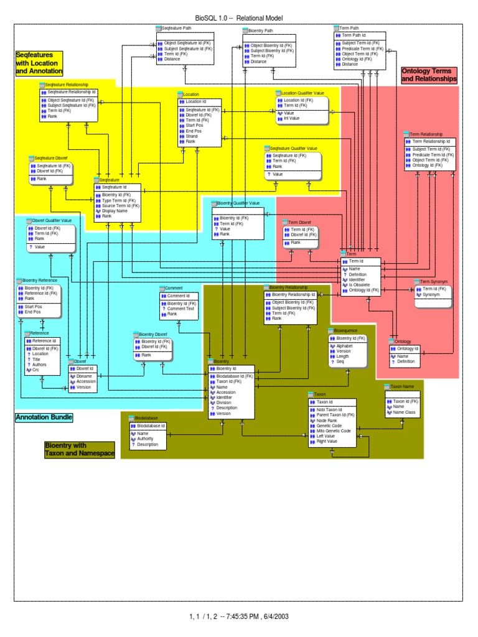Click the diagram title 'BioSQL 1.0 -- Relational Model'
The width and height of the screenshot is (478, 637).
[x=239, y=19]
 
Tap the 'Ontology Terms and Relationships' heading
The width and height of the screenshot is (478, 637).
[x=429, y=75]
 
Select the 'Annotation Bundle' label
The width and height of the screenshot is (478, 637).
[x=44, y=417]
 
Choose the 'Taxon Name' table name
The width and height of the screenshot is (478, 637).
[x=401, y=386]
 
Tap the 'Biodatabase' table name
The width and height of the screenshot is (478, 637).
[x=146, y=418]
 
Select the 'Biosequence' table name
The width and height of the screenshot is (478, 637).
[x=346, y=330]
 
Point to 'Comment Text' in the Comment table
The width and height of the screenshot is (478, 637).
[x=181, y=309]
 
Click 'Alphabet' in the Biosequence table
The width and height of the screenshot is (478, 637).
[x=345, y=345]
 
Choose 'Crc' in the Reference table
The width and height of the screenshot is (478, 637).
[x=35, y=370]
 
